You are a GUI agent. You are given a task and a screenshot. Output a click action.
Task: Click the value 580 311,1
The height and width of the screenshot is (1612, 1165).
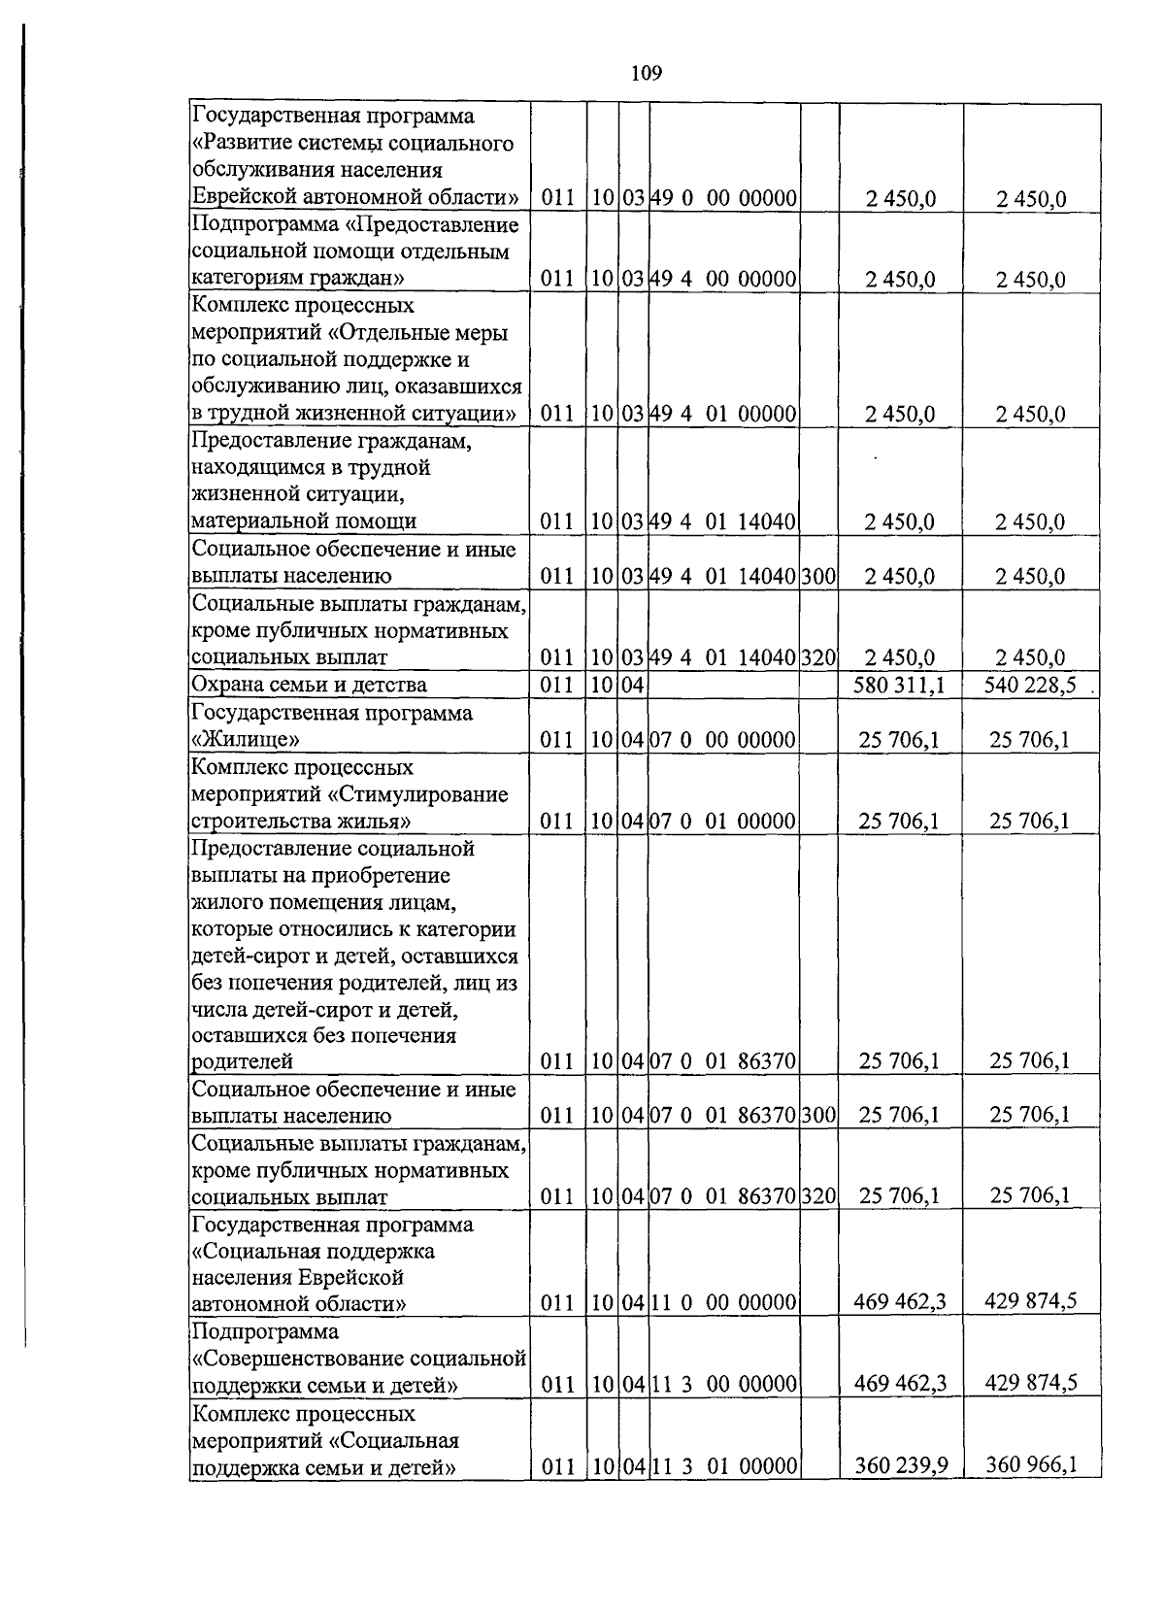pyautogui.click(x=899, y=686)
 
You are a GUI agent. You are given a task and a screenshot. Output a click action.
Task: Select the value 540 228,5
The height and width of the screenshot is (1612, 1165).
pyautogui.click(x=1029, y=686)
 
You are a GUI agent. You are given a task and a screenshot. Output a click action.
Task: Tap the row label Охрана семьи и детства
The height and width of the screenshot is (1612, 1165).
pyautogui.click(x=309, y=686)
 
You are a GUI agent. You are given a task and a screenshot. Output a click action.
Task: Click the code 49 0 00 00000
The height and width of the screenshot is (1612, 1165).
pyautogui.click(x=723, y=199)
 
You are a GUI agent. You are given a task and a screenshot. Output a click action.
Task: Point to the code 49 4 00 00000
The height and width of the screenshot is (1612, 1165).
pyautogui.click(x=723, y=280)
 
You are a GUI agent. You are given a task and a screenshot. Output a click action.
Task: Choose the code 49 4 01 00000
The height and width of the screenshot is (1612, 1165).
pyautogui.click(x=723, y=415)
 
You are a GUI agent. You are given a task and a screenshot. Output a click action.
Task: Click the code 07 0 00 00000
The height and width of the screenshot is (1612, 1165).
pyautogui.click(x=723, y=741)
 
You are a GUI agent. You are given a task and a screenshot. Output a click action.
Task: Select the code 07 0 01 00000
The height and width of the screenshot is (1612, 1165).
pyautogui.click(x=723, y=822)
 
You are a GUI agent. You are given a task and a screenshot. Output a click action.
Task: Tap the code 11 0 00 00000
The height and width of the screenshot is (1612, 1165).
pyautogui.click(x=723, y=1302)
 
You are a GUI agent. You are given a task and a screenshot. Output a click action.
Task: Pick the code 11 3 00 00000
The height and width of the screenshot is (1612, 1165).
pyautogui.click(x=723, y=1384)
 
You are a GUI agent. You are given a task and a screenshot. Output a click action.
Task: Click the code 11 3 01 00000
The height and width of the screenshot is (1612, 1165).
pyautogui.click(x=723, y=1464)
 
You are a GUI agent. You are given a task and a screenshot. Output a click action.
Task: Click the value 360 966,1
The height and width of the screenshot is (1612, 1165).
pyautogui.click(x=1031, y=1463)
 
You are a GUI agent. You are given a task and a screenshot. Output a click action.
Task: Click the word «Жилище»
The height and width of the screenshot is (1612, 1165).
pyautogui.click(x=246, y=740)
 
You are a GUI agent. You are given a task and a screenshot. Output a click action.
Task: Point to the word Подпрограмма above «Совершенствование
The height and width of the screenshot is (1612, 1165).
pyautogui.click(x=265, y=1330)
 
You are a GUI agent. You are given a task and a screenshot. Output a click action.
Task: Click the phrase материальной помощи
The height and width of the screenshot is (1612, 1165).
pyautogui.click(x=304, y=521)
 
